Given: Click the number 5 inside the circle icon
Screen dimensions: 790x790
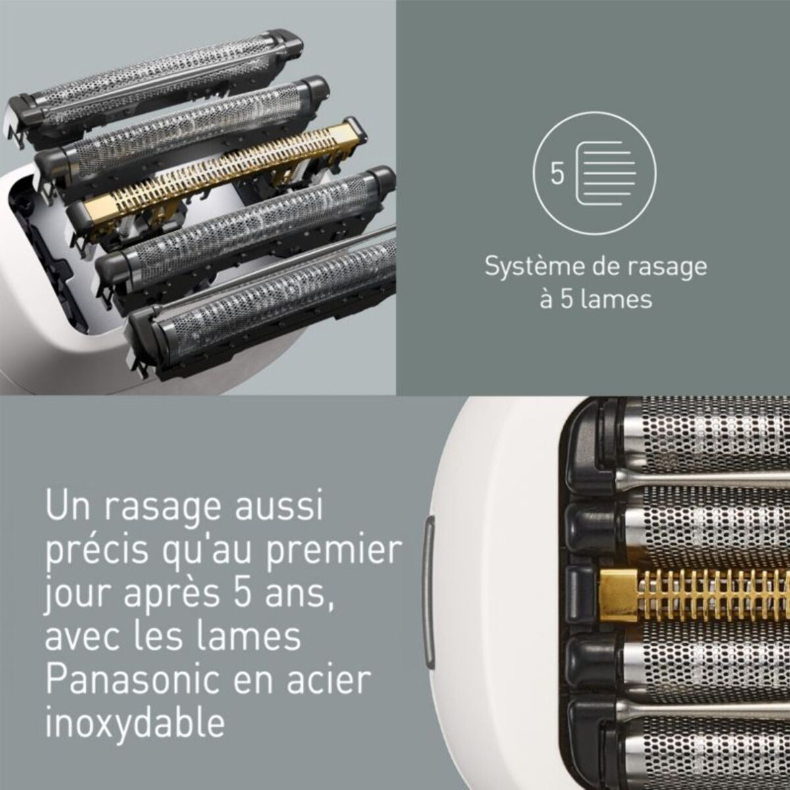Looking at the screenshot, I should [558, 175].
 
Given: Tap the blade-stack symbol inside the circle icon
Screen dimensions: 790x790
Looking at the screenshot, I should [605, 176].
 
